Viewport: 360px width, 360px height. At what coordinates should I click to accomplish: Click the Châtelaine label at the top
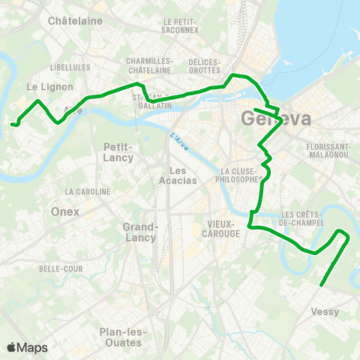coord(74,21)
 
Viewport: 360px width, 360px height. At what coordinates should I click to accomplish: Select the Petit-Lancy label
coord(118,152)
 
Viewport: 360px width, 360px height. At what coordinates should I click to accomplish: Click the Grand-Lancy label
coord(139,232)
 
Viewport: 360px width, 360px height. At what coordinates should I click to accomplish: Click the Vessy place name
coord(324,312)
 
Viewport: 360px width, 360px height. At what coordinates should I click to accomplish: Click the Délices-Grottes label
coord(202,66)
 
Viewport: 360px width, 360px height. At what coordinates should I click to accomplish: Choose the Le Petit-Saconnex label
coord(180,27)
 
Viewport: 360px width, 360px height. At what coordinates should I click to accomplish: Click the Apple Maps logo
coord(28,347)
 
